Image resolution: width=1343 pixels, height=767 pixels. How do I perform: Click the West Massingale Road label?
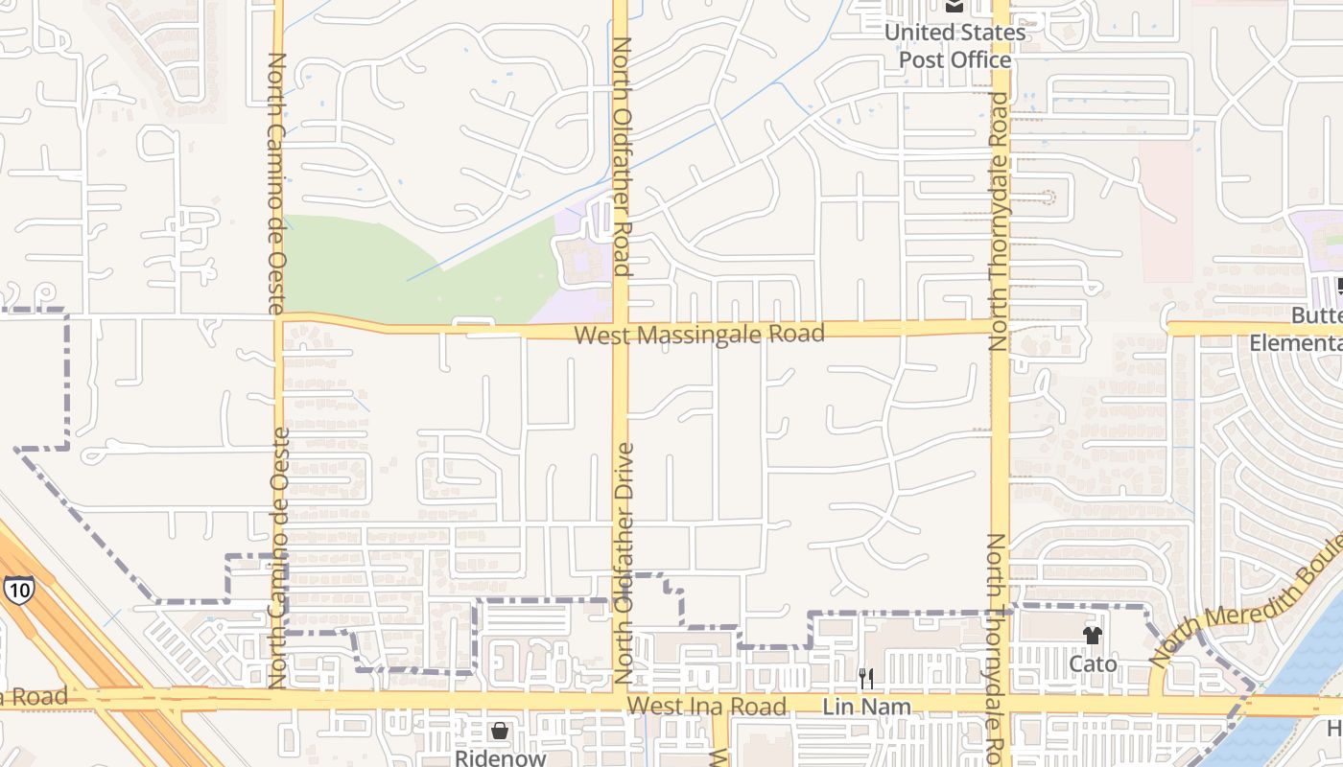[x=699, y=334]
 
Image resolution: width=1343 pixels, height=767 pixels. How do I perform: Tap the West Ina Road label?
[x=707, y=707]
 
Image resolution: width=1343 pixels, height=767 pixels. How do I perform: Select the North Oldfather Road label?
[x=622, y=156]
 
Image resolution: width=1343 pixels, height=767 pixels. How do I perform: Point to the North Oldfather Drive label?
[x=624, y=563]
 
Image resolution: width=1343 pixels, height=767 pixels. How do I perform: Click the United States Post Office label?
[x=954, y=46]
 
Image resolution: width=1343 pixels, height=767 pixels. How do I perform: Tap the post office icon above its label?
[x=954, y=7]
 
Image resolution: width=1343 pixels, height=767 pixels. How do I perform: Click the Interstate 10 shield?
[x=17, y=590]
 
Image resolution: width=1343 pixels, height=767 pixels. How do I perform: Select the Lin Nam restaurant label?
[x=866, y=707]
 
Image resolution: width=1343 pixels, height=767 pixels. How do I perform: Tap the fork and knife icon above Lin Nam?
[x=866, y=679]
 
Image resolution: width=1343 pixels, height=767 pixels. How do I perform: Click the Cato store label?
[x=1093, y=663]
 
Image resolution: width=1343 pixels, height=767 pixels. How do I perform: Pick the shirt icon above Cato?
[x=1093, y=635]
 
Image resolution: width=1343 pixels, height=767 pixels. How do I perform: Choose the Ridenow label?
[x=500, y=757]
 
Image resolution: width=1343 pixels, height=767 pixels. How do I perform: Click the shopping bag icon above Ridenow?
[x=500, y=731]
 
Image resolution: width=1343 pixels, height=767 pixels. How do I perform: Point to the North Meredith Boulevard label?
[x=1247, y=614]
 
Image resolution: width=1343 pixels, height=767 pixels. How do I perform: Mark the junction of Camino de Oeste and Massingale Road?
[x=278, y=317]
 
